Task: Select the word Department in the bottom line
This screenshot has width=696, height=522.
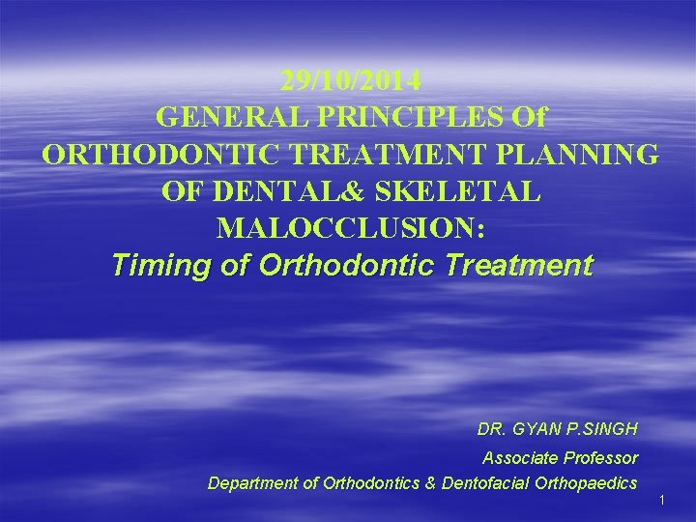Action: (x=251, y=483)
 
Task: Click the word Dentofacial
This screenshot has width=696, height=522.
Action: (x=482, y=483)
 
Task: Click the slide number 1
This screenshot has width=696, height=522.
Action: (x=663, y=501)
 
